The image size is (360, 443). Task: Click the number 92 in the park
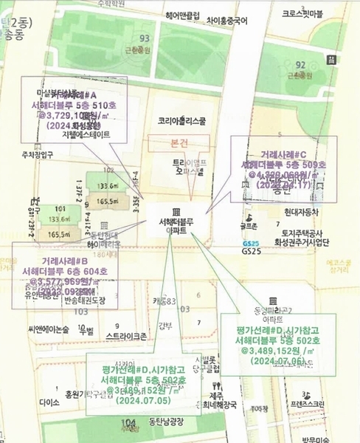coord(300,65)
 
